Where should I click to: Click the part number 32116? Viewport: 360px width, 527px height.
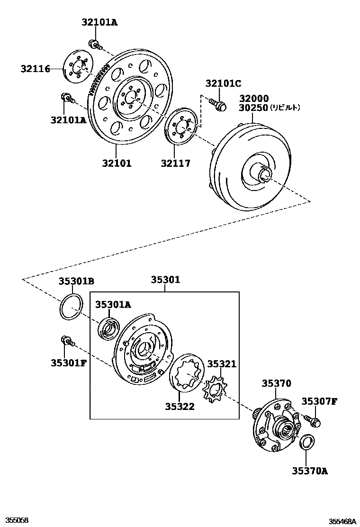[35, 69]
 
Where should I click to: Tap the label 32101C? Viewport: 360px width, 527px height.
[223, 84]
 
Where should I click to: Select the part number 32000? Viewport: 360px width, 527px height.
[253, 99]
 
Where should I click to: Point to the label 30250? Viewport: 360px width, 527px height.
[253, 108]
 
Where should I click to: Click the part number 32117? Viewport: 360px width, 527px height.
[175, 164]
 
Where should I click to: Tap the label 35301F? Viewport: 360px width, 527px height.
[69, 363]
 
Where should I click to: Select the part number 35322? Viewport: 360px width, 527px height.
[180, 406]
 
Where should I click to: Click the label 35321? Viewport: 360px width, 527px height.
[221, 364]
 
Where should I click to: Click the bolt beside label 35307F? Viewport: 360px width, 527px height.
[312, 420]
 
